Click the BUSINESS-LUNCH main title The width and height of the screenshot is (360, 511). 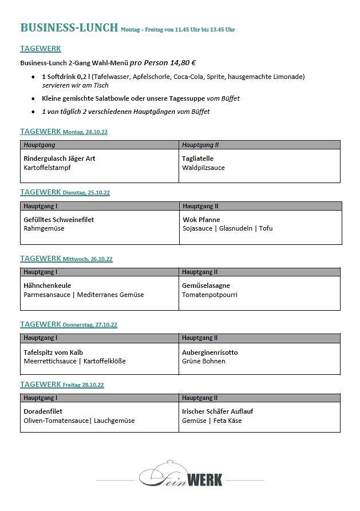tap(69, 27)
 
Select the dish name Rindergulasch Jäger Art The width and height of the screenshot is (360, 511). tap(60, 159)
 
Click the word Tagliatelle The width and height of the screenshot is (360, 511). tap(197, 159)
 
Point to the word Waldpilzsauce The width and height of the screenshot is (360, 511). tap(203, 168)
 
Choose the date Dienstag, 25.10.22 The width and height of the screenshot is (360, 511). tap(86, 193)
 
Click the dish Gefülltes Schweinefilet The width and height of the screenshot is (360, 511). tap(59, 220)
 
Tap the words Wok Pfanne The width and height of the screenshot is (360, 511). tap(201, 220)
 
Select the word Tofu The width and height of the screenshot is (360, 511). tap(266, 228)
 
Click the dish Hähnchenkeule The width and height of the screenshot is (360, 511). tap(48, 286)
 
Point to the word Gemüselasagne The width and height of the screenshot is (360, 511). tap(206, 286)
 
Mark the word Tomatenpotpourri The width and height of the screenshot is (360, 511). tap(209, 295)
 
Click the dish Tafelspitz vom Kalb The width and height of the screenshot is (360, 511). tap(53, 352)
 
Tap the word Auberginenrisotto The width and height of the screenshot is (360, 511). tap(210, 352)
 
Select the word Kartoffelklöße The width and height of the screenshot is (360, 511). tap(104, 361)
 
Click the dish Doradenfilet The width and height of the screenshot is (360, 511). tap(43, 411)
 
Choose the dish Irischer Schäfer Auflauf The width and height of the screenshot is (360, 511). tap(217, 411)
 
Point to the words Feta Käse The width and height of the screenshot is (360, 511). tap(228, 421)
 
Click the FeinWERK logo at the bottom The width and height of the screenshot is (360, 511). tap(180, 474)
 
